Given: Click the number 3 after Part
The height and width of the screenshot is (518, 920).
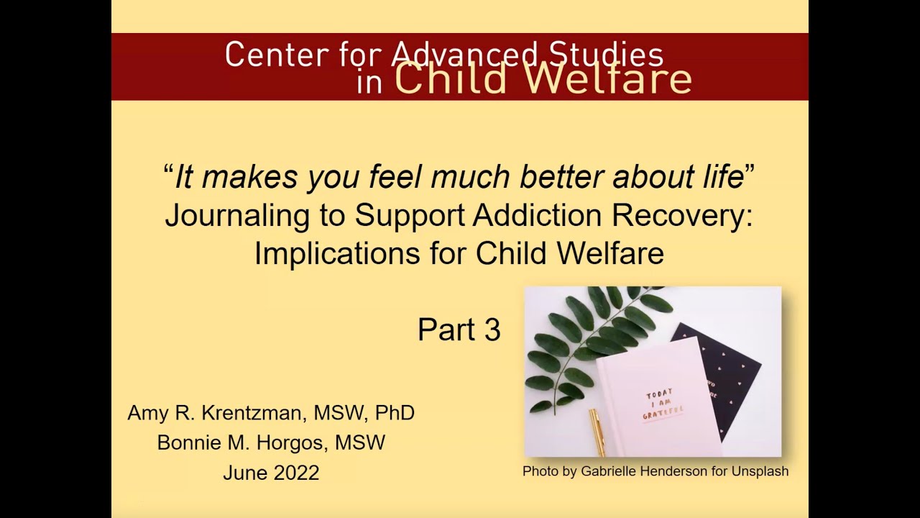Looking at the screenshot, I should (x=492, y=330).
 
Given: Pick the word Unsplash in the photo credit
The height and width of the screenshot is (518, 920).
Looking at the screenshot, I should (x=760, y=471).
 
